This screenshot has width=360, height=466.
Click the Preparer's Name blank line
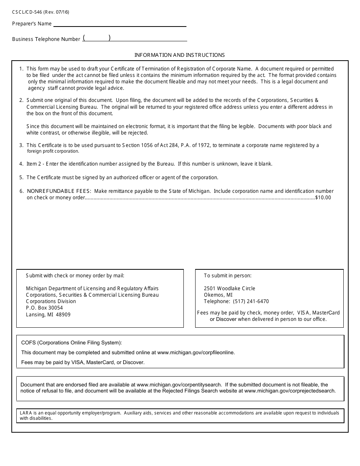120,23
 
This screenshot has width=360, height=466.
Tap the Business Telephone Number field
135,38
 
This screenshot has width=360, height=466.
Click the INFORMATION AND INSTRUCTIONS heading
180,55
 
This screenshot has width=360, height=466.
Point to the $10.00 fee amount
323,197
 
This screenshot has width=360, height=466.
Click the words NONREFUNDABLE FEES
59,191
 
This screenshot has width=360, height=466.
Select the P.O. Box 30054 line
44,308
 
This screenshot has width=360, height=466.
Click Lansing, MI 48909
48,314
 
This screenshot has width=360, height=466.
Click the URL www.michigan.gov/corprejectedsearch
290,391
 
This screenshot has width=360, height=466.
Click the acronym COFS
28,343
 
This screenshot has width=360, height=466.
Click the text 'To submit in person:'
228,275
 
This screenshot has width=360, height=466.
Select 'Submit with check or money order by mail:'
75,275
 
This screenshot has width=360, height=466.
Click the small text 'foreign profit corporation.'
53,151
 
